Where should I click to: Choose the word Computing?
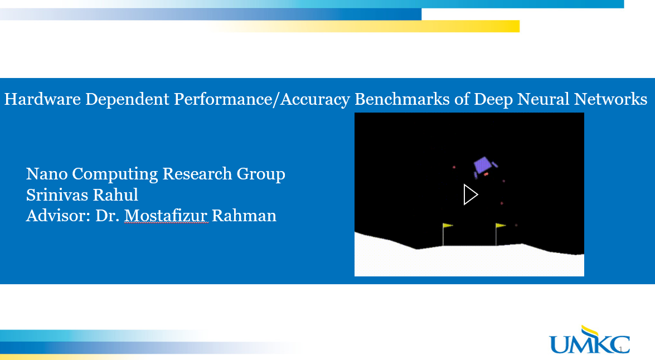[115, 174]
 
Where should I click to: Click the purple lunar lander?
[484, 165]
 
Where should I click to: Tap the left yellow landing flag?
[447, 226]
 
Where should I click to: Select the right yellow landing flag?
[500, 226]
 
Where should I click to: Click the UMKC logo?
[589, 340]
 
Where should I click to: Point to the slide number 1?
[620, 349]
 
